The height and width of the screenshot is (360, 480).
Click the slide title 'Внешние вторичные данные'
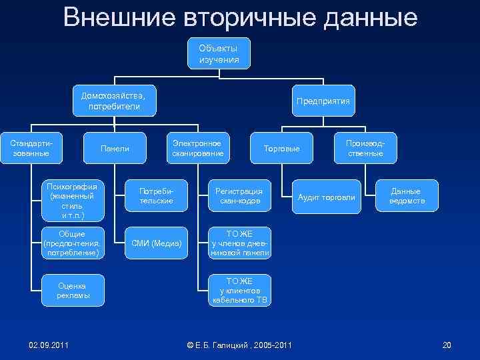tap(240, 17)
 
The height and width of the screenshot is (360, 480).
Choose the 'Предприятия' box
tap(324, 101)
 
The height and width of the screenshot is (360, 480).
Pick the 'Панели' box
tap(114, 148)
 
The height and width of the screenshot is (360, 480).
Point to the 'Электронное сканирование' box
tap(197, 148)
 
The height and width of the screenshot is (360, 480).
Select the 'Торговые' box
tap(281, 148)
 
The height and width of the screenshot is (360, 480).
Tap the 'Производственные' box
tap(365, 148)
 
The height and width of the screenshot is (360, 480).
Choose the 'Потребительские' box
tap(156, 196)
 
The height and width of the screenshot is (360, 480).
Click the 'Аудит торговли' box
tap(327, 197)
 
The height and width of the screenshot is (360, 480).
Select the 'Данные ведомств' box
tap(406, 196)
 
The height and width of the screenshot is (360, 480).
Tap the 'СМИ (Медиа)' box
tap(156, 244)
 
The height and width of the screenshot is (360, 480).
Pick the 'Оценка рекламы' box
tap(73, 291)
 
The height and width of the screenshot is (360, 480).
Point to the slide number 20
tap(447, 345)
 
